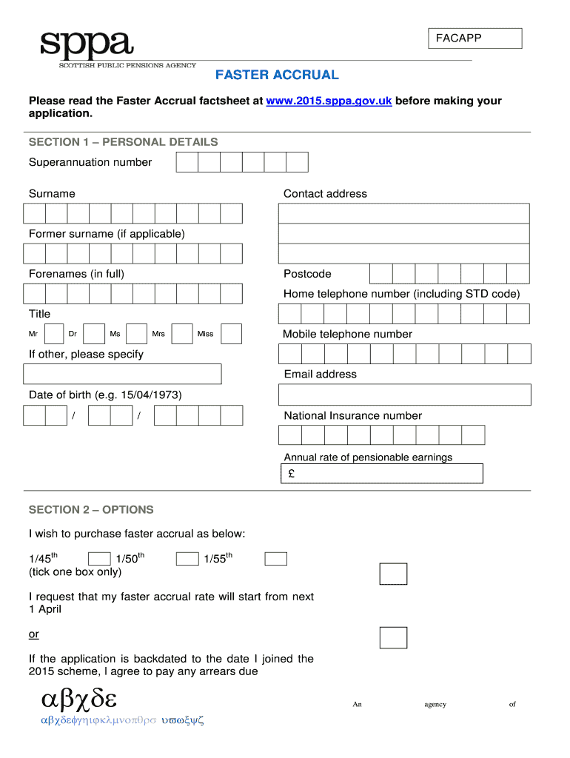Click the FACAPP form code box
475,38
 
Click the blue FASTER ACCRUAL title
277,75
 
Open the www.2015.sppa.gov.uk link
329,101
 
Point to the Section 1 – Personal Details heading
123,142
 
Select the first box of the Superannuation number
187,162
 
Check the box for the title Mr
54,334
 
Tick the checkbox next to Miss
232,334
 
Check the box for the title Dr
94,334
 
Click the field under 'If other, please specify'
123,374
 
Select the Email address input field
404,395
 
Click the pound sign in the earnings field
292,474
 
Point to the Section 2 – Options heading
91,509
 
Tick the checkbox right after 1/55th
276,559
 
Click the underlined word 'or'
34,634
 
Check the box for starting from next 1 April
393,574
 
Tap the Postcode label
307,274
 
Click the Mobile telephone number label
347,334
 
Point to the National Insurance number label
352,415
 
